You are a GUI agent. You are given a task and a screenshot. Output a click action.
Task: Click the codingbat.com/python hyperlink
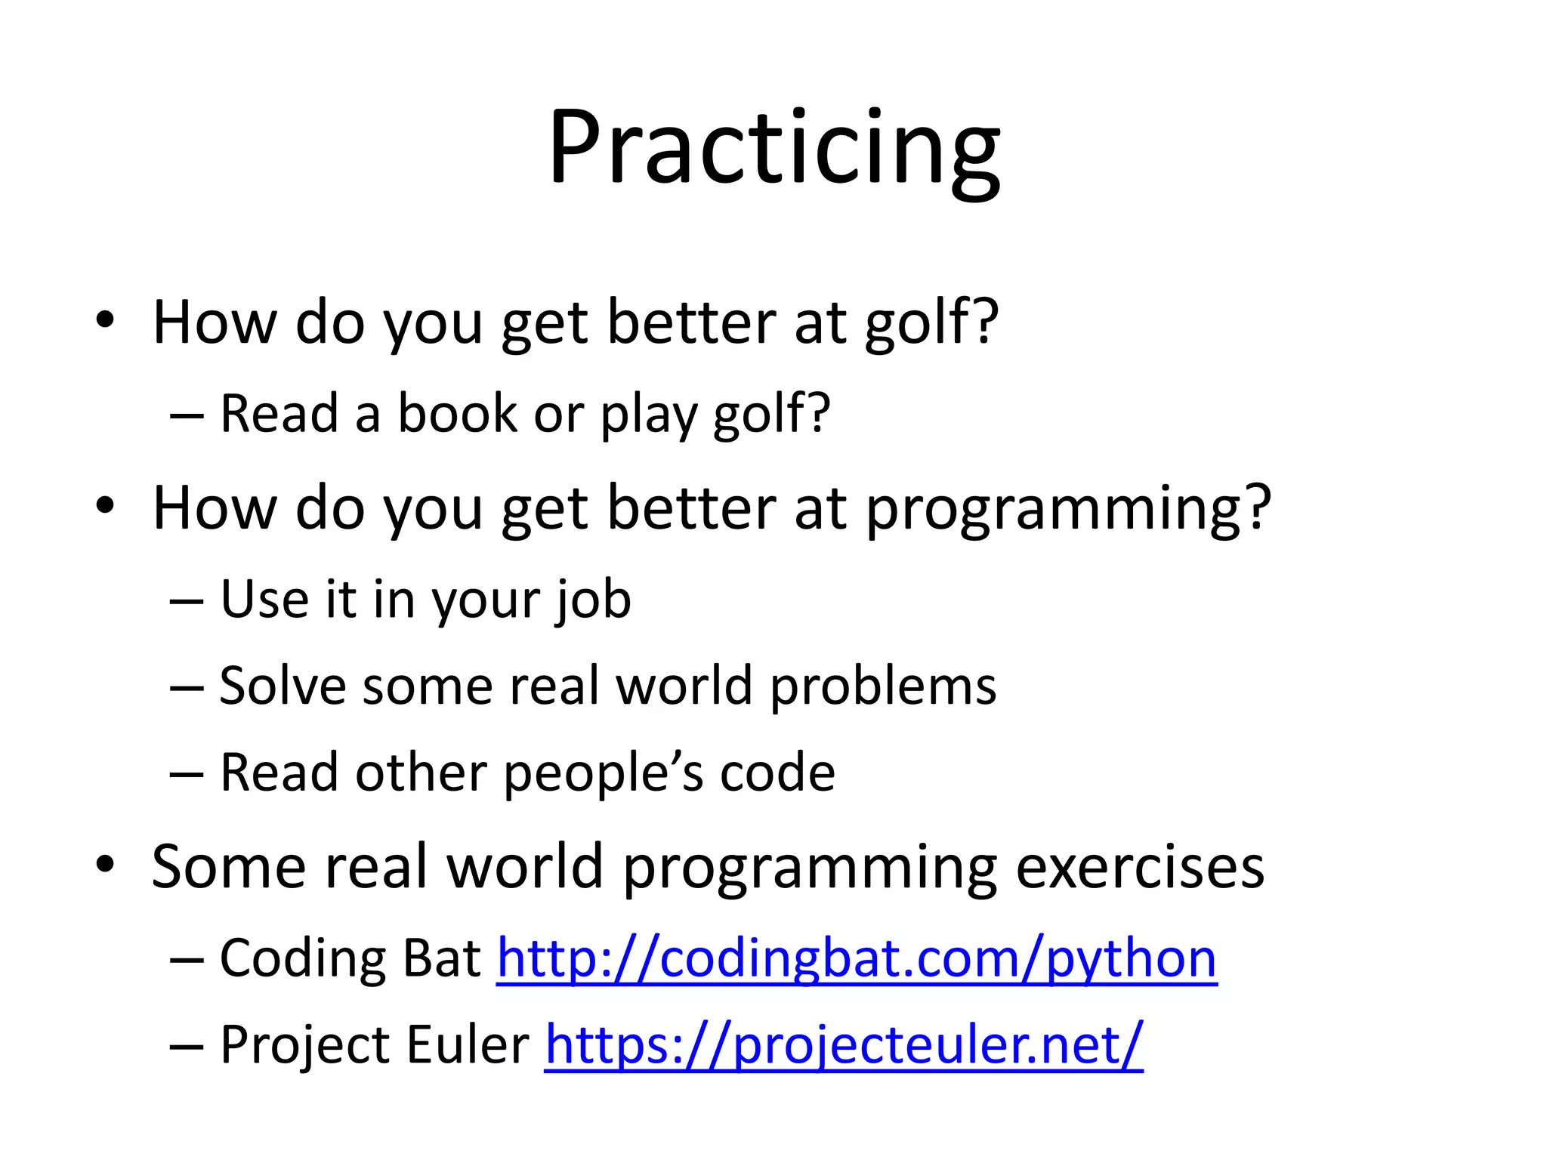pyautogui.click(x=857, y=959)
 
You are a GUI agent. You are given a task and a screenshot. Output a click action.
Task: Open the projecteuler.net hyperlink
pyautogui.click(x=843, y=1046)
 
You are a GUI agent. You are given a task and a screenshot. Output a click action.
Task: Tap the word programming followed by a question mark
pyautogui.click(x=1067, y=510)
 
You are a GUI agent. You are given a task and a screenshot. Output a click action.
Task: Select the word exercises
pyautogui.click(x=1140, y=867)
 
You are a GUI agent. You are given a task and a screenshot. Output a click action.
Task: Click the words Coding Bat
pyautogui.click(x=350, y=959)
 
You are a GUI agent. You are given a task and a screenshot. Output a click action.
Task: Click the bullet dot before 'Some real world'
pyautogui.click(x=105, y=864)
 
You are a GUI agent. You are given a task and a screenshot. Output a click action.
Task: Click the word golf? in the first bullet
pyautogui.click(x=931, y=323)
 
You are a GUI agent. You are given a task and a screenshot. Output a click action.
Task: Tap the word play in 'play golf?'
pyautogui.click(x=647, y=415)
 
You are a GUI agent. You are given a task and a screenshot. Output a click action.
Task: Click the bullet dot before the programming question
pyautogui.click(x=105, y=506)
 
